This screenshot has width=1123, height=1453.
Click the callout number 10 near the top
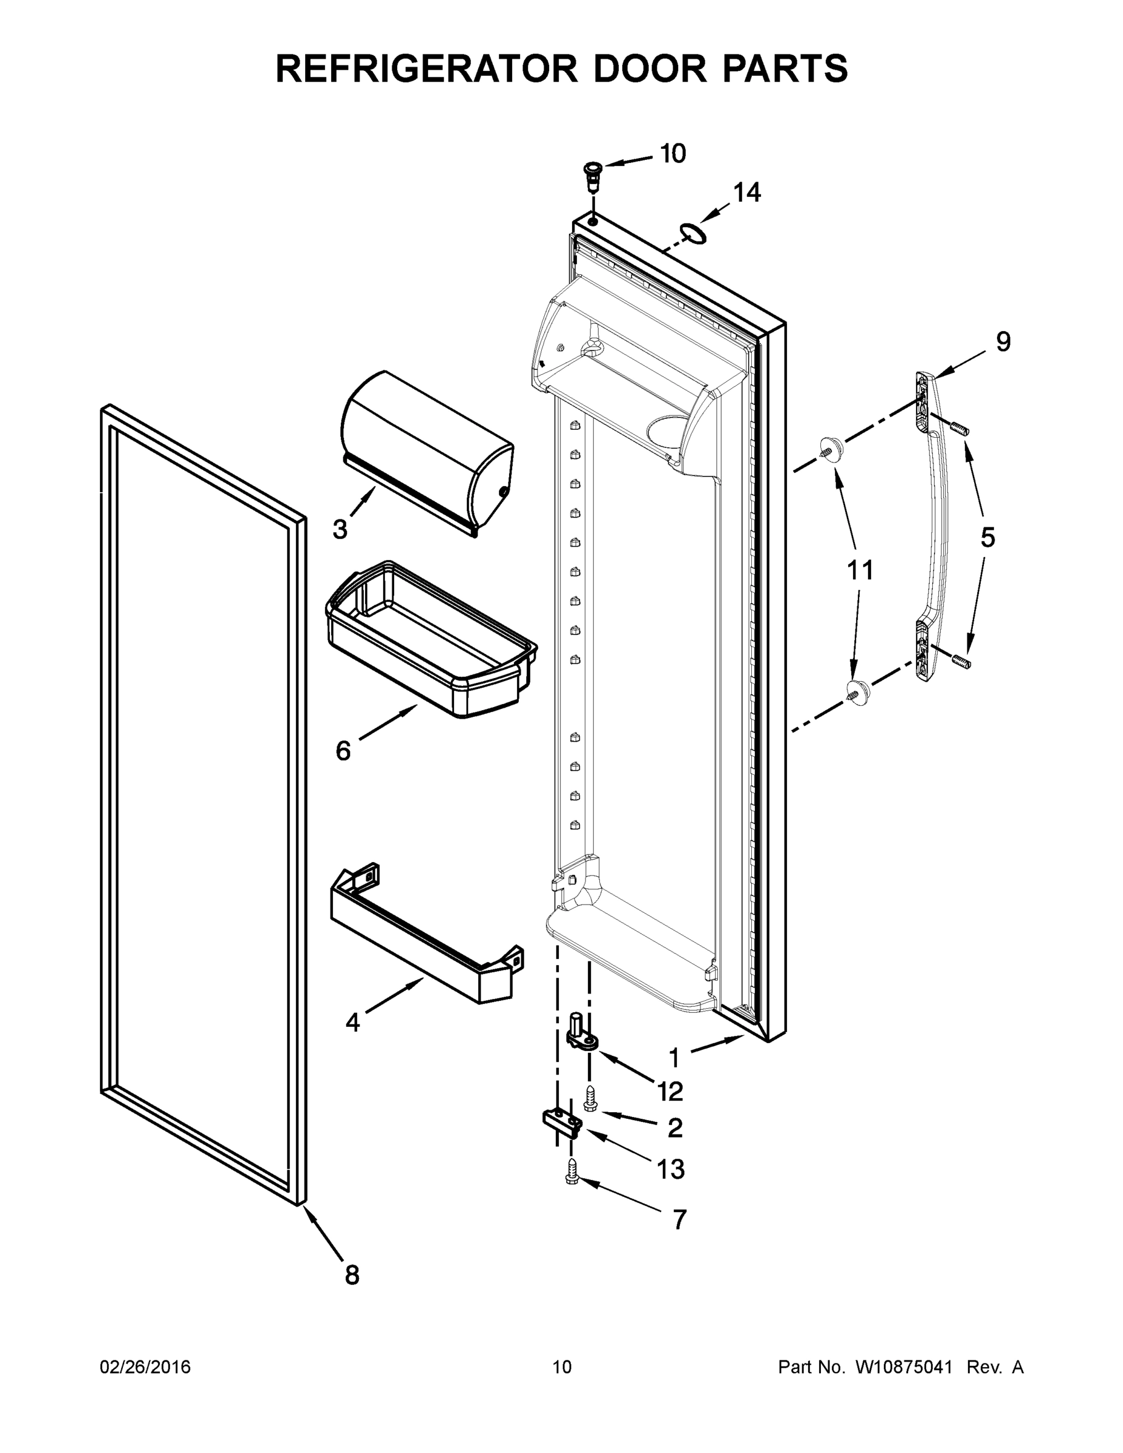tap(673, 154)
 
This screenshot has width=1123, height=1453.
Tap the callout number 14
tap(746, 193)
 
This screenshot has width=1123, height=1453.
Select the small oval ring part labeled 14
tap(693, 233)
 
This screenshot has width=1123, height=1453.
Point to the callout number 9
tap(1003, 342)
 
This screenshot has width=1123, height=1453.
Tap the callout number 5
tap(987, 537)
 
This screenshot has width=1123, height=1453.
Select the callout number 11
tap(860, 570)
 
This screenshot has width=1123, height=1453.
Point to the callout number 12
tap(670, 1091)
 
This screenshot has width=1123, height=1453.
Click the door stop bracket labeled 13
tap(563, 1122)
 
